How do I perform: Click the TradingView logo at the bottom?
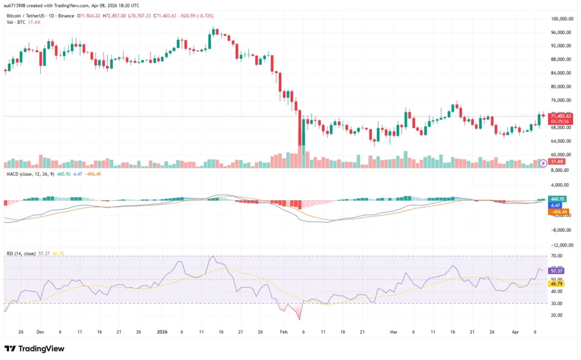point(35,349)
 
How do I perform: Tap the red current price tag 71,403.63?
point(561,116)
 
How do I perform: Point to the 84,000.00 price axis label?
point(561,73)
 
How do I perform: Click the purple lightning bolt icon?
point(543,163)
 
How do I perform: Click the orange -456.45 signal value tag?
point(558,211)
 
